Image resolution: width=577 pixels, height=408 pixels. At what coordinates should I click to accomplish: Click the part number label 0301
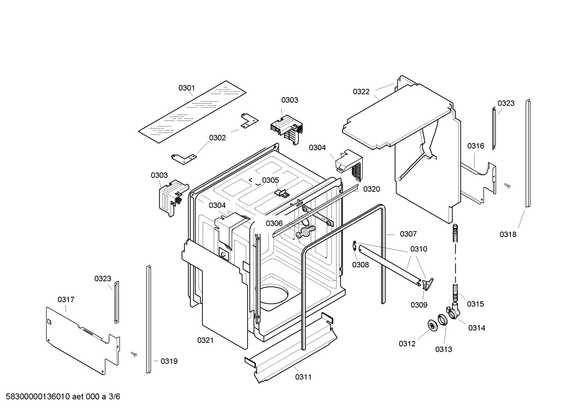click(x=186, y=88)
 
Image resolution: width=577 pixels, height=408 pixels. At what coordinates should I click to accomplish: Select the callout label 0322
click(x=361, y=92)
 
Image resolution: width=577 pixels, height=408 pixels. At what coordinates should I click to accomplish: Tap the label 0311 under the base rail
click(x=303, y=377)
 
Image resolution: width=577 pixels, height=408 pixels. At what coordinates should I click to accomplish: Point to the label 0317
click(x=66, y=299)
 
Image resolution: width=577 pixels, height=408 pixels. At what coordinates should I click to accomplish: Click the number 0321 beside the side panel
click(x=205, y=340)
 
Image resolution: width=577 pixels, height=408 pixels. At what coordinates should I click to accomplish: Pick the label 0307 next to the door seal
click(x=408, y=234)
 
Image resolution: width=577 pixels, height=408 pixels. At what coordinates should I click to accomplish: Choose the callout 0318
click(x=508, y=235)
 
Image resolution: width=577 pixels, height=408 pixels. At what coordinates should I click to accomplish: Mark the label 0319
click(x=169, y=361)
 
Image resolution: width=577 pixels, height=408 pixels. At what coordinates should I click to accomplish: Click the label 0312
click(x=407, y=344)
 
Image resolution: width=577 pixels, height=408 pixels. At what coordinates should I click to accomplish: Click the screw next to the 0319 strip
click(x=134, y=354)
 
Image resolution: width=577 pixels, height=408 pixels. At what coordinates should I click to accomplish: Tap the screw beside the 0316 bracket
click(x=508, y=185)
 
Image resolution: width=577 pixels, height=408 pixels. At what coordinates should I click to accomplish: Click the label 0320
click(x=371, y=189)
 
